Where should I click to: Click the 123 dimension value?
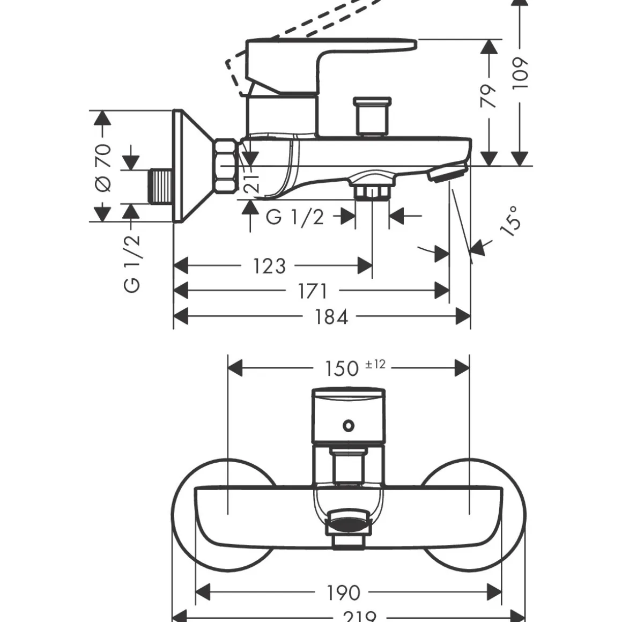pos(269,265)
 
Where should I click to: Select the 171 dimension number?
pos(312,291)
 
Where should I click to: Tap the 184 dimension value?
pos(331,316)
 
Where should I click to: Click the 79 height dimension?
pos(488,95)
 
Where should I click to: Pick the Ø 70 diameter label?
pos(103,167)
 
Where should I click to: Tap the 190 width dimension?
pos(344,592)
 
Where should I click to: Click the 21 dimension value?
pos(254,182)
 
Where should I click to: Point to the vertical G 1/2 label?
pos(132,263)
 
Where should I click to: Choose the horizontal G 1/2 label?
pos(295,217)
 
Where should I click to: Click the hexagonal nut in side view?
pos(226,166)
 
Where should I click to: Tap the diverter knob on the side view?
pos(372,115)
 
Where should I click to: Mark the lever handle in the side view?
pos(327,54)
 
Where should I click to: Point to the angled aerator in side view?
pos(447,172)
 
